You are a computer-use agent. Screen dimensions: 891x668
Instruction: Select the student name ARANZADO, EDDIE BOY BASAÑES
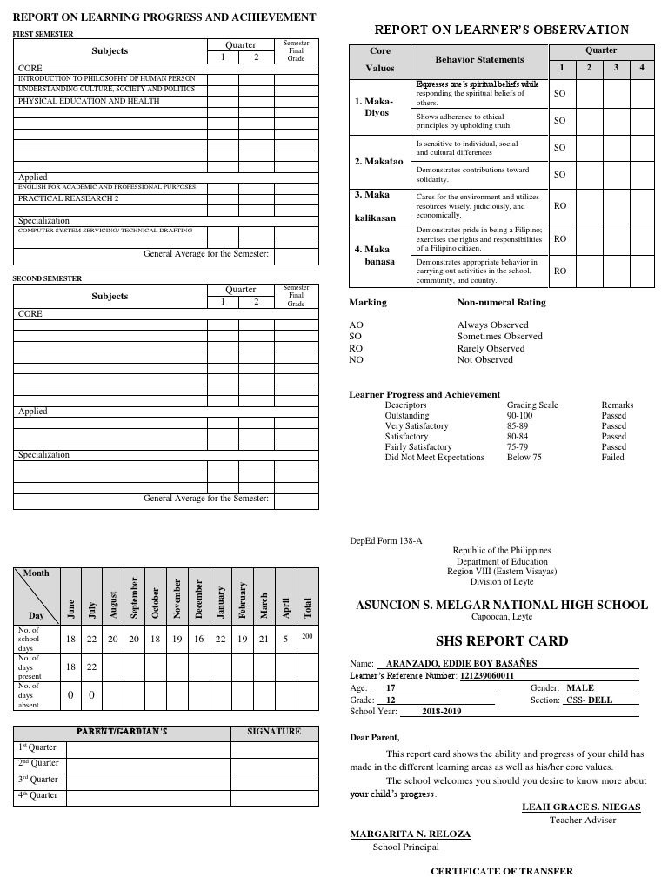tap(462, 663)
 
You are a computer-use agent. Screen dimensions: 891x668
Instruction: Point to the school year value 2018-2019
tap(442, 711)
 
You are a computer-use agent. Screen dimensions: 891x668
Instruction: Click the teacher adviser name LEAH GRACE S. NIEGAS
tap(581, 807)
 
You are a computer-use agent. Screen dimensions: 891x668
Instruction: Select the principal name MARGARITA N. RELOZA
tap(411, 834)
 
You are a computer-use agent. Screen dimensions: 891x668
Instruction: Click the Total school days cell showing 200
tap(307, 637)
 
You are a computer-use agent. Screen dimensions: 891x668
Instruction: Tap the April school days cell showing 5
tap(286, 639)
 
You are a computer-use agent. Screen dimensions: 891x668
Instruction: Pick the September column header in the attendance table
tap(135, 597)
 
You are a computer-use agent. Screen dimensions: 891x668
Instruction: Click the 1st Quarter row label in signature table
tap(38, 747)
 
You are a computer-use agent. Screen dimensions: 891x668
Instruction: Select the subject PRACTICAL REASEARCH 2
tap(69, 198)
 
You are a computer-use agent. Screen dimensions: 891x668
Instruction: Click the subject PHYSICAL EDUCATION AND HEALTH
tap(89, 101)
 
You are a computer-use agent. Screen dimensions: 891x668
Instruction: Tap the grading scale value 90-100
tap(519, 416)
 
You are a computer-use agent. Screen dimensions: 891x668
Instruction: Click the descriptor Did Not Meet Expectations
tap(434, 458)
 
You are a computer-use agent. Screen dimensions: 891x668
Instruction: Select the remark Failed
tap(612, 458)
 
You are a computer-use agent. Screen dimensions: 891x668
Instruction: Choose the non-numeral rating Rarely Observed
tap(491, 348)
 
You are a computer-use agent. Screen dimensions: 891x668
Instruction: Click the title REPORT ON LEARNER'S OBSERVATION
tap(501, 30)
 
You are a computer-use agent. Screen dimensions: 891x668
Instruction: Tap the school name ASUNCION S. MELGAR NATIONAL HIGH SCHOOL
tap(502, 605)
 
